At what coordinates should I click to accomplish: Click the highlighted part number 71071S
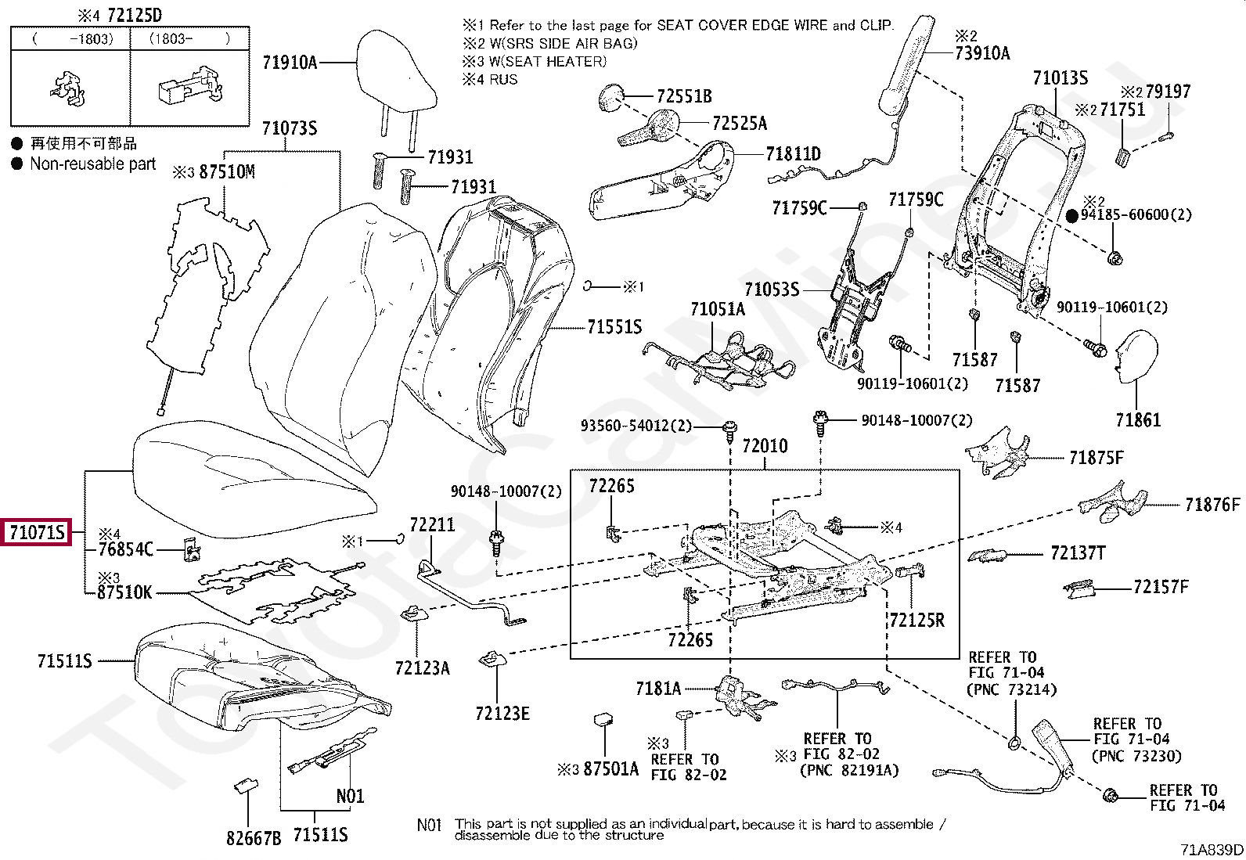coord(36,534)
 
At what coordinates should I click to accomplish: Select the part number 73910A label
coord(982,53)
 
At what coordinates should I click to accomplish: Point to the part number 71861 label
coord(1138,419)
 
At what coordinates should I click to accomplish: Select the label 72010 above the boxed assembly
coord(765,446)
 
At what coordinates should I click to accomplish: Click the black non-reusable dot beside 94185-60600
coord(1072,214)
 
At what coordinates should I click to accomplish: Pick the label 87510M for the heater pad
coord(227,171)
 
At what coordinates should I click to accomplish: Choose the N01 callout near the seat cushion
coord(350,796)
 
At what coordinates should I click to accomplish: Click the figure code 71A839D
coord(1211,850)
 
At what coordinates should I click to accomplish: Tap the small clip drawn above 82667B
coord(247,786)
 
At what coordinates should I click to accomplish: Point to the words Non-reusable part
coord(92,164)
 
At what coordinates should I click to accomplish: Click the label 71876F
coord(1212,504)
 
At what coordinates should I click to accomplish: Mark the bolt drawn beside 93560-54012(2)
coord(730,427)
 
